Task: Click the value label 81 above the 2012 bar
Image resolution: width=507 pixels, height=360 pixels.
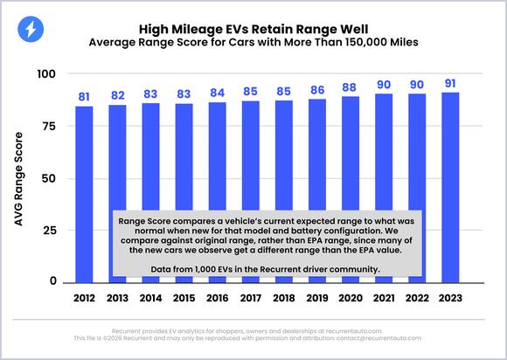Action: click(x=84, y=96)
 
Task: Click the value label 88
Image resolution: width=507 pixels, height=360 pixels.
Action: click(x=349, y=87)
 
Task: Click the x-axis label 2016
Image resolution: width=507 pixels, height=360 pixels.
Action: click(x=216, y=298)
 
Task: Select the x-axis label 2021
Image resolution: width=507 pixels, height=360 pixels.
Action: click(x=381, y=298)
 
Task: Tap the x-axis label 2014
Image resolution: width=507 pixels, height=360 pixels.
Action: click(x=150, y=298)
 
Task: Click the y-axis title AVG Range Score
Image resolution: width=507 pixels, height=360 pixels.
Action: click(x=18, y=177)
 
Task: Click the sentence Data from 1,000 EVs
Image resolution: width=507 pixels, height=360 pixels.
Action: click(x=265, y=268)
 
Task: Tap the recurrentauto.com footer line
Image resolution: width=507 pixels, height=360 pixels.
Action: click(x=253, y=332)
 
